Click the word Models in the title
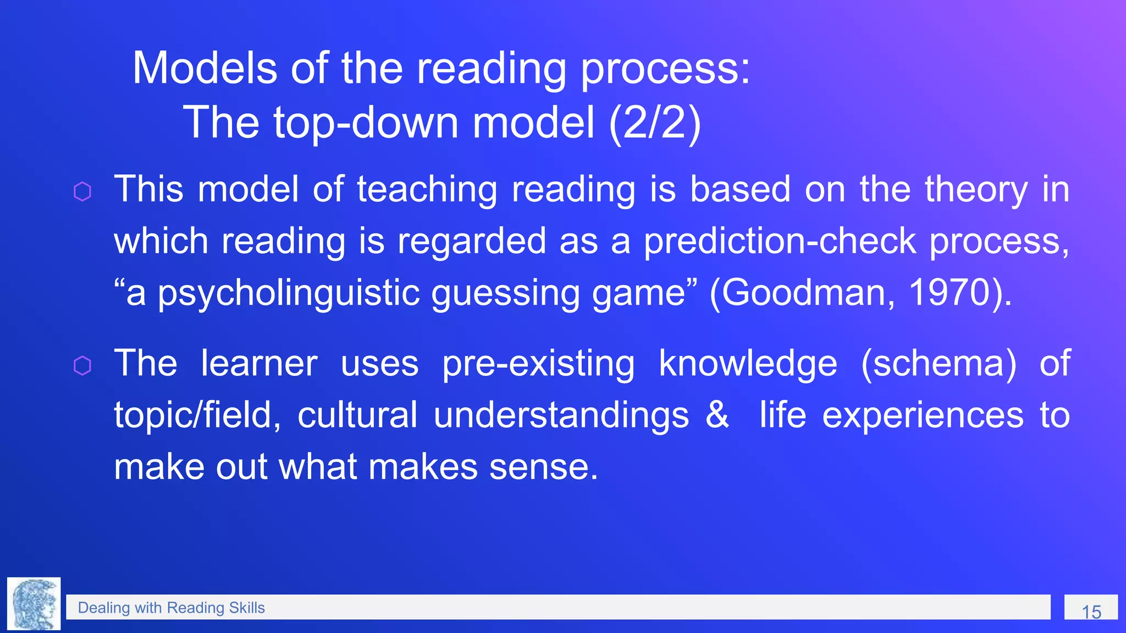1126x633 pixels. tap(205, 68)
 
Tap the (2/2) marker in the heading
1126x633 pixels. tap(655, 123)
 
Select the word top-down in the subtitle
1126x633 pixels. tap(366, 123)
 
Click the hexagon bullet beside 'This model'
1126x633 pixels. tap(82, 192)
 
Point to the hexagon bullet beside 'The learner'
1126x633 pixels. tap(82, 365)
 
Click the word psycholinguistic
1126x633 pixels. tap(289, 293)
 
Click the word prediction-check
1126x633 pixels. tap(780, 241)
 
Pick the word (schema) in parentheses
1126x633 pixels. tap(939, 363)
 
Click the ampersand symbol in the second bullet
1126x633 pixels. tap(717, 414)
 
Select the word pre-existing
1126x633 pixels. tap(538, 364)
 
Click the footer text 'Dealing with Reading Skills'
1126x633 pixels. tap(171, 608)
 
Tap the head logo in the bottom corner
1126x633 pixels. tap(34, 604)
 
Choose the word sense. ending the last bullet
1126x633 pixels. tap(543, 467)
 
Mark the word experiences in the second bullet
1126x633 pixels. tap(923, 415)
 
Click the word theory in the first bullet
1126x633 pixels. tap(976, 191)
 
